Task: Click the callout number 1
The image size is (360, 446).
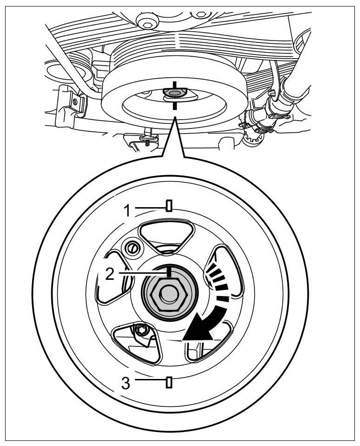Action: tap(128, 211)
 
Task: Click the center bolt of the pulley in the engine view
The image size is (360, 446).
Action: tap(173, 94)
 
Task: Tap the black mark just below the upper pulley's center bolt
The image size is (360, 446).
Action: tap(174, 106)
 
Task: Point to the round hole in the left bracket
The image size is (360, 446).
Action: tap(74, 101)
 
